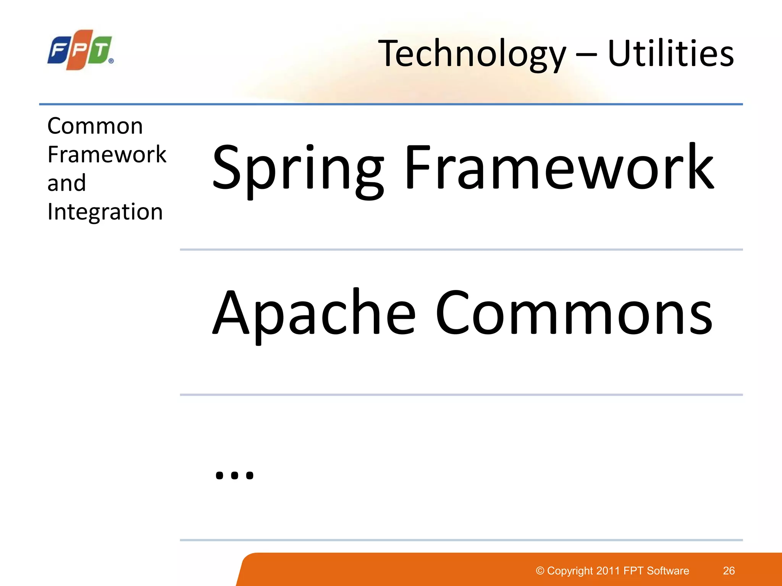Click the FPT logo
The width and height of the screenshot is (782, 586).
point(80,50)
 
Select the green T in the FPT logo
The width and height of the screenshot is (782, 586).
point(100,50)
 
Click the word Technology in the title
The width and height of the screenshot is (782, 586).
point(472,54)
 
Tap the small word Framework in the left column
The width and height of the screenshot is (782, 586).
point(107,155)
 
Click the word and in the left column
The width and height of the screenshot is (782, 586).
point(66,183)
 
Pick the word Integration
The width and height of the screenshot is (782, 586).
point(105,212)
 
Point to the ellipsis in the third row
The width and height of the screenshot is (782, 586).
point(234,475)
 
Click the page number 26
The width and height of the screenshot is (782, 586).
point(729,571)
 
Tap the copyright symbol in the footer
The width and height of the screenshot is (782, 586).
point(540,571)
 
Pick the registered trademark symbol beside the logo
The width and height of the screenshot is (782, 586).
point(111,61)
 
